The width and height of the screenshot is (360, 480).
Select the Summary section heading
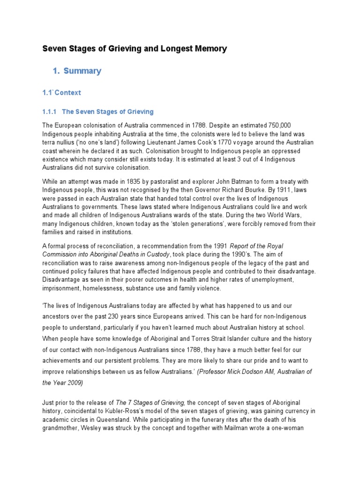pyautogui.click(x=82, y=71)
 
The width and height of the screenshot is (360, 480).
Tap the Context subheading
pyautogui.click(x=67, y=92)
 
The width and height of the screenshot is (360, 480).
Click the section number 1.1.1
pyautogui.click(x=49, y=112)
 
